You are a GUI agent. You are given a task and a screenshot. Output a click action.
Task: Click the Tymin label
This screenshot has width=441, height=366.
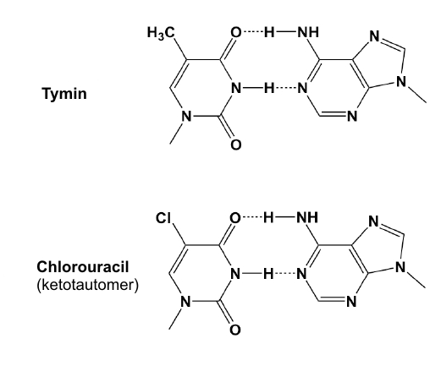click(x=64, y=94)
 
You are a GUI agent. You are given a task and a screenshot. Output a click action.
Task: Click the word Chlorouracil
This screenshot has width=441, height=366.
click(x=83, y=267)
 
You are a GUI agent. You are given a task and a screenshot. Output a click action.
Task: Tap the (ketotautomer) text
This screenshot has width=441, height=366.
click(x=88, y=286)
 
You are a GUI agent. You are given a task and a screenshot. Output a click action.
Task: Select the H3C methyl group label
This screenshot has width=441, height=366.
click(x=161, y=33)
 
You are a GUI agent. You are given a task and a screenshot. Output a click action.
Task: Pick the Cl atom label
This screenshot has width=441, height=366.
click(x=163, y=218)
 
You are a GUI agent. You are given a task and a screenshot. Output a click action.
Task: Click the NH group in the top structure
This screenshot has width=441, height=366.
click(x=308, y=32)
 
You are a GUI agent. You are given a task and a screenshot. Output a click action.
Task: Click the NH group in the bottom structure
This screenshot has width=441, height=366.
click(x=307, y=217)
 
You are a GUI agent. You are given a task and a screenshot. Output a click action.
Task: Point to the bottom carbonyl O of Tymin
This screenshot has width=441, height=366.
click(x=236, y=145)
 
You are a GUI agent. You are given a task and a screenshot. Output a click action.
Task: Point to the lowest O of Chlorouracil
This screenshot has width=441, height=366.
click(x=235, y=330)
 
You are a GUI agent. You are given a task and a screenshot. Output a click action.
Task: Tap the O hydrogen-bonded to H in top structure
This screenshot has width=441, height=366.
click(x=236, y=32)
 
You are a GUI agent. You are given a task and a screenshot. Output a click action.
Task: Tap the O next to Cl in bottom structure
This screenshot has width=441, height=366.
click(x=235, y=217)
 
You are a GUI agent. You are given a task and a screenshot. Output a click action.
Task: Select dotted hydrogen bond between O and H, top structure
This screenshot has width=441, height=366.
click(x=253, y=31)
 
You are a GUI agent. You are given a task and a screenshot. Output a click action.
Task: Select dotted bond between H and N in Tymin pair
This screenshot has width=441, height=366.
click(x=286, y=88)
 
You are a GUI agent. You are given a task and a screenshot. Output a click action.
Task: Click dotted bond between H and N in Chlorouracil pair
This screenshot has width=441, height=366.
click(x=285, y=273)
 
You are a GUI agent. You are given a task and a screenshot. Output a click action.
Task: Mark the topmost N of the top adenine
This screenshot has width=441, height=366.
click(x=374, y=36)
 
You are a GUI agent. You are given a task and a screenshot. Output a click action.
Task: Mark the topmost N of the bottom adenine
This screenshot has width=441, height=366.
click(x=373, y=221)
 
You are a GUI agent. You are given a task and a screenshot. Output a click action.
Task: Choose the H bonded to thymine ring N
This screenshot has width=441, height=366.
click(x=269, y=88)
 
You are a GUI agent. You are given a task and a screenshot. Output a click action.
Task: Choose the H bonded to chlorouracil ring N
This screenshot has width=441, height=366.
click(x=268, y=273)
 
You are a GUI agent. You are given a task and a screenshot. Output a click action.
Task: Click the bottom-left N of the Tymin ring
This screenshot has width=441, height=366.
click(x=186, y=116)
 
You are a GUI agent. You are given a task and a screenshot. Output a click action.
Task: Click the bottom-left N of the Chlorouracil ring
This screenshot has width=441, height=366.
click(x=185, y=302)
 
